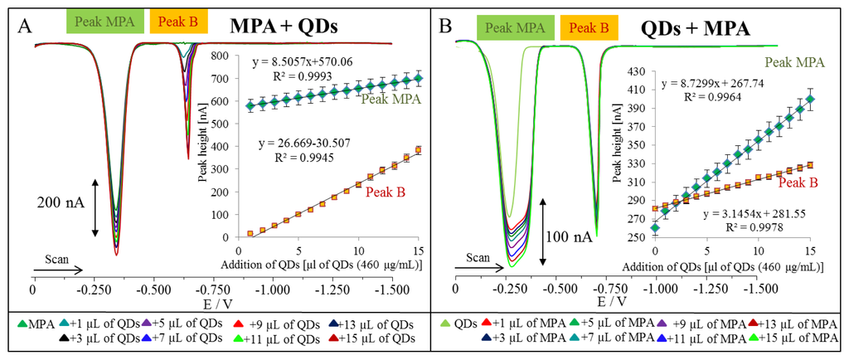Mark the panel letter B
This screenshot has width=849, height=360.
pos(445,26)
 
